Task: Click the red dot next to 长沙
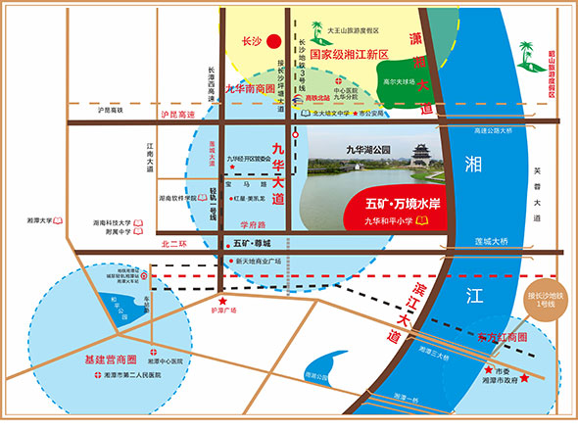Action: [275, 41]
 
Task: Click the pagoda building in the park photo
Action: [422, 154]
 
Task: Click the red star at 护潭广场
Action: [222, 301]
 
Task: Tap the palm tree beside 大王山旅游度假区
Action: [316, 29]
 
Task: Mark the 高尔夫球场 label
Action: [400, 83]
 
